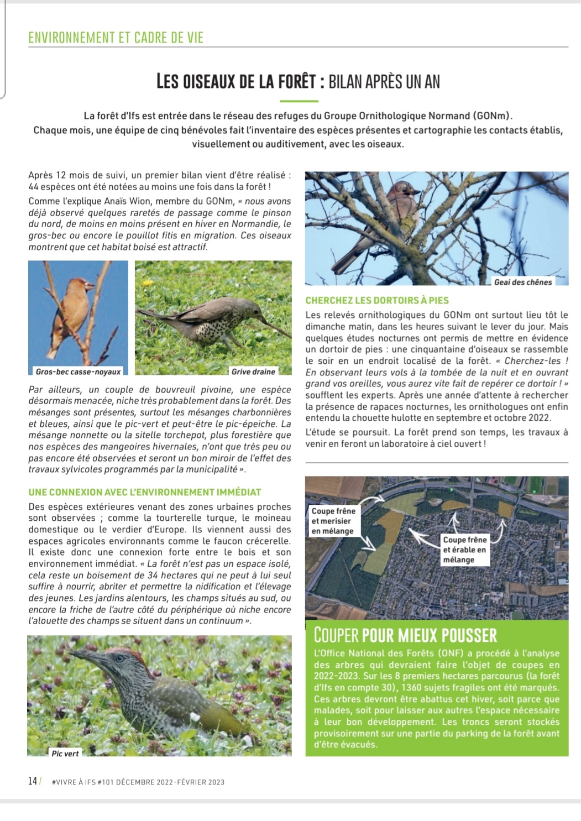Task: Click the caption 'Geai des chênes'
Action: click(522, 282)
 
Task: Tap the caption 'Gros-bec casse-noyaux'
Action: click(78, 372)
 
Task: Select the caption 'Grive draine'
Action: click(253, 372)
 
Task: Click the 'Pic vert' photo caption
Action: click(65, 753)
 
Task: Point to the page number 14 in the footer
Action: click(33, 781)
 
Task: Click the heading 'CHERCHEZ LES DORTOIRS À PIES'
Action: click(377, 300)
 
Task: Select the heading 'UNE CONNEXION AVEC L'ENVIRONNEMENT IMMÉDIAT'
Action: click(145, 492)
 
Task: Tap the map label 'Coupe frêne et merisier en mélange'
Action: click(333, 521)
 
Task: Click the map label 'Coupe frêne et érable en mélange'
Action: click(464, 550)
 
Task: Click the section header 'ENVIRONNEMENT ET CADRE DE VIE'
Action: click(116, 38)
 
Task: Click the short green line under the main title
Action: click(299, 101)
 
